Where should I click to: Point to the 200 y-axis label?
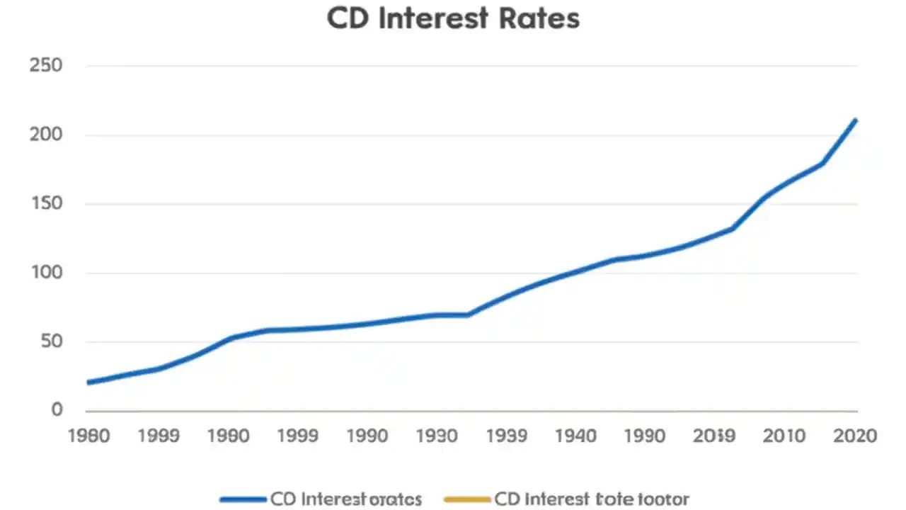click(x=47, y=135)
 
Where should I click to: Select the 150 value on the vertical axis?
click(x=47, y=204)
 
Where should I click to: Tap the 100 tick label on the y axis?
click(x=47, y=273)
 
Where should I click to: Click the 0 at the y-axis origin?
click(x=56, y=410)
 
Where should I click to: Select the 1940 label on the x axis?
click(x=575, y=435)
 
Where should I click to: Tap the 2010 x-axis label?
click(x=785, y=435)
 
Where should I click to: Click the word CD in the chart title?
click(x=348, y=18)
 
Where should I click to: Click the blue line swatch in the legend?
click(x=243, y=499)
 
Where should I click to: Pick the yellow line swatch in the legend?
click(x=466, y=499)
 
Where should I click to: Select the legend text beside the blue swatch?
click(x=346, y=499)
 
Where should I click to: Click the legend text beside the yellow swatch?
click(x=591, y=499)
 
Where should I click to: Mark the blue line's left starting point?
click(x=88, y=382)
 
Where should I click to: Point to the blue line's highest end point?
click(x=856, y=120)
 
